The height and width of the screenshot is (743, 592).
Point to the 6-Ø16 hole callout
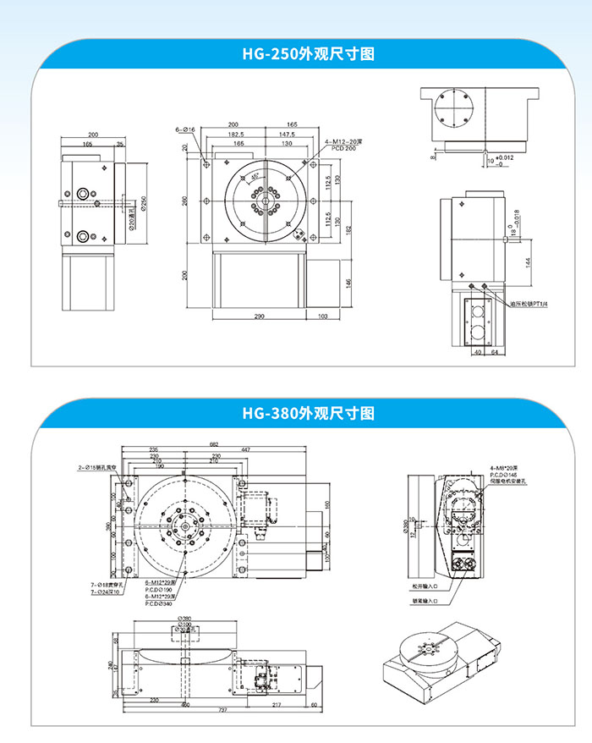point(186,129)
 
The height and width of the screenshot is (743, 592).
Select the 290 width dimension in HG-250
point(258,316)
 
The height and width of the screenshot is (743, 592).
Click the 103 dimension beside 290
point(321,316)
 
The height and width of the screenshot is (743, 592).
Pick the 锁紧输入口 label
point(426,601)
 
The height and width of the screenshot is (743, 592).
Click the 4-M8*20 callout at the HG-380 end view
point(506,467)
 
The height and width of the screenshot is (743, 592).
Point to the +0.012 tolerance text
point(504,157)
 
